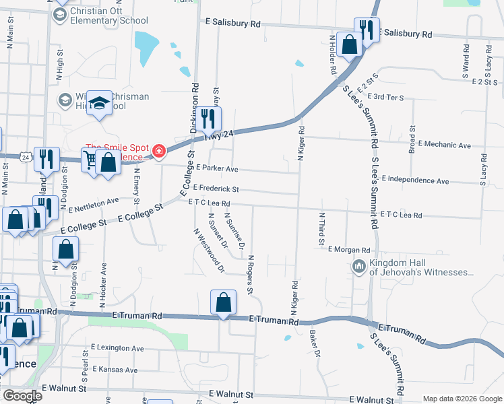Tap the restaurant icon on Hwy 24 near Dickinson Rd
[x=210, y=119]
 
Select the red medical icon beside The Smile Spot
[x=159, y=150]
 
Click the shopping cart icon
[x=90, y=160]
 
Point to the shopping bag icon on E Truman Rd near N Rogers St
[x=223, y=302]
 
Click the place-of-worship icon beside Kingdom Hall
[x=358, y=267]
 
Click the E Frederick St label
[x=216, y=189]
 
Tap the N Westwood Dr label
[x=208, y=250]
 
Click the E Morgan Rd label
[x=350, y=249]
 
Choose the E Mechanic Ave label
[x=444, y=145]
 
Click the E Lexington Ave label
[x=116, y=348]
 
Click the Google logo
[x=22, y=396]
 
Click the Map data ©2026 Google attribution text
[x=462, y=399]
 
